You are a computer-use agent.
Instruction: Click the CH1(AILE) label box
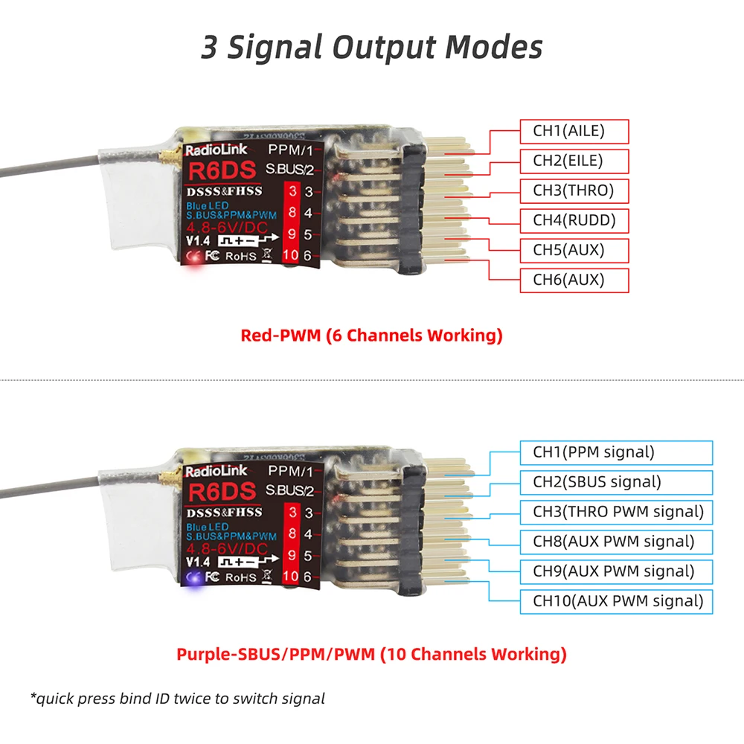[x=574, y=132]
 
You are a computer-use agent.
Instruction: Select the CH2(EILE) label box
[x=574, y=161]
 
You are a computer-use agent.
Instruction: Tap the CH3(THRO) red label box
[x=574, y=190]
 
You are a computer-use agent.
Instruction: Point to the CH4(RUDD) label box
[x=574, y=220]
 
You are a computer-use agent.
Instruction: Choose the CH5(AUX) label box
[x=574, y=250]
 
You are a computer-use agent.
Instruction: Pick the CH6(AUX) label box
[x=574, y=280]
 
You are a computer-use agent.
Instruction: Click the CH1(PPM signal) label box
[x=615, y=452]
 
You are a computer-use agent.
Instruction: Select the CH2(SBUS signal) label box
[x=615, y=482]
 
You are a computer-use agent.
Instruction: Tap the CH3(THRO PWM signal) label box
[x=615, y=512]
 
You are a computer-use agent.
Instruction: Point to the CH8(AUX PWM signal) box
[x=615, y=542]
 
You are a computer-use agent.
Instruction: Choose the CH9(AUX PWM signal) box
[x=615, y=571]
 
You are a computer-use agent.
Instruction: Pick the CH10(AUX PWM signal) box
[x=615, y=601]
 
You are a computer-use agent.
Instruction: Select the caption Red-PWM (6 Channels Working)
[x=371, y=336]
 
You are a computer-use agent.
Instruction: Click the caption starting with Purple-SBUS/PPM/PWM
[x=371, y=655]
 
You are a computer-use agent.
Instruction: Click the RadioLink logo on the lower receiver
[x=213, y=472]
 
